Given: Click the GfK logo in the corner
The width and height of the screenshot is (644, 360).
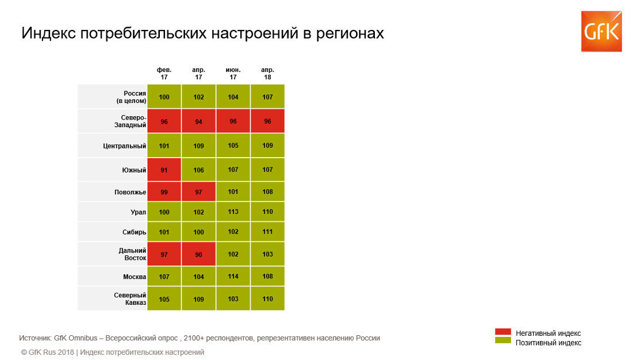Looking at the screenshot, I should [601, 31].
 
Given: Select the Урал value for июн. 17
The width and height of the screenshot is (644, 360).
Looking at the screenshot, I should [233, 212].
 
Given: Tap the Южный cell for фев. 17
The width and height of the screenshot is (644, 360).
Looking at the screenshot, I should [164, 170].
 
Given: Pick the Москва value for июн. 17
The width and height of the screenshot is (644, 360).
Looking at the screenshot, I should [233, 277].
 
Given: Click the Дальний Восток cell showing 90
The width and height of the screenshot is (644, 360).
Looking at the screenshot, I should [198, 254].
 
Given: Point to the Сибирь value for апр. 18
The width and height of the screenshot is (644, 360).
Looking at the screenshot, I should [267, 232].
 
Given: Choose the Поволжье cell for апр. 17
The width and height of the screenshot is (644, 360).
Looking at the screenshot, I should [198, 192].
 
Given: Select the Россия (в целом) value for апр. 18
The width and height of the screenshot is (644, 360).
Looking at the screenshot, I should [267, 97].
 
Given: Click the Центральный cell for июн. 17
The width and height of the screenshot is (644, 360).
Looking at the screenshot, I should [233, 145].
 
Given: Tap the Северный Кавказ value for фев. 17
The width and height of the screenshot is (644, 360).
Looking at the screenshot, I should [164, 299].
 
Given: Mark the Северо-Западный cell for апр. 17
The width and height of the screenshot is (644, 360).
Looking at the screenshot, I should [198, 121].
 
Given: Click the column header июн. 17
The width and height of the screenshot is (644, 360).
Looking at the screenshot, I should [233, 73].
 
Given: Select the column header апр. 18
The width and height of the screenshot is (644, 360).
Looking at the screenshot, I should [267, 73].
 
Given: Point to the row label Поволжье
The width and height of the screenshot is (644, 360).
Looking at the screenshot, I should [129, 192].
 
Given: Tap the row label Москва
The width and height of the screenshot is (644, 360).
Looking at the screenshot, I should [135, 277].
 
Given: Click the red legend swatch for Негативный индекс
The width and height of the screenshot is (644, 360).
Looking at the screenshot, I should [503, 332].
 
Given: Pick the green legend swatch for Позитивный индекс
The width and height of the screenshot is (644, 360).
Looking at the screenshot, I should [503, 341].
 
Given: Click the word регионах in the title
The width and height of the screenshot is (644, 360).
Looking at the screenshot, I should [350, 33].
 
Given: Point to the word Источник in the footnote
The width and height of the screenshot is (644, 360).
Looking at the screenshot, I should [34, 338].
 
